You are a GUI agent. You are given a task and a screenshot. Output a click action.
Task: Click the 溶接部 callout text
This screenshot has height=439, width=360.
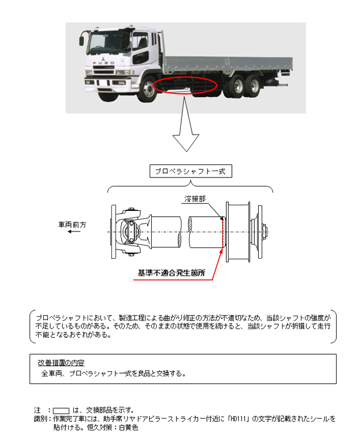pyautogui.click(x=195, y=199)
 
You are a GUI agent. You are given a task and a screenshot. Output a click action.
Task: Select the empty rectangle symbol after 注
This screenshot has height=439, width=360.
pyautogui.click(x=61, y=410)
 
